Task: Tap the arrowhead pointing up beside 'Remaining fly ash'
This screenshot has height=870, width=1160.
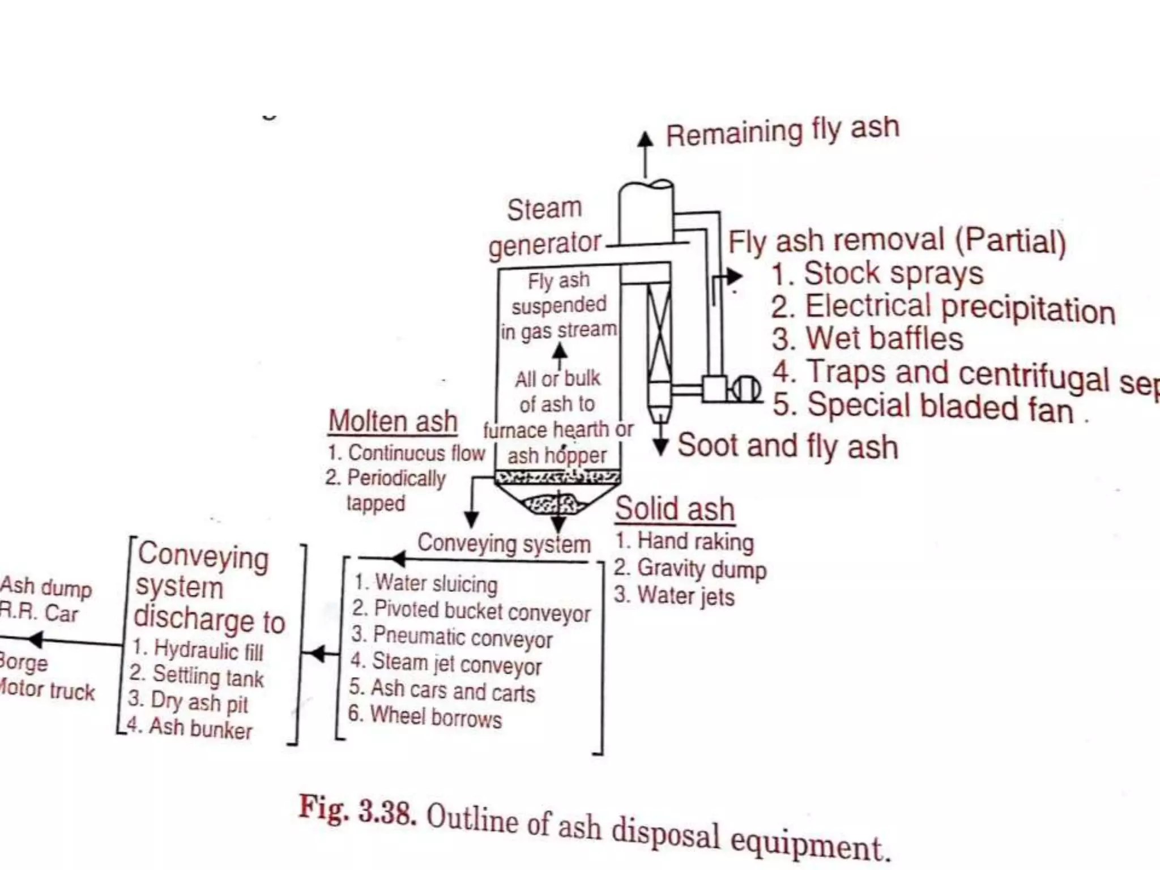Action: (645, 139)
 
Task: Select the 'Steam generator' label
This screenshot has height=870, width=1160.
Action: (544, 227)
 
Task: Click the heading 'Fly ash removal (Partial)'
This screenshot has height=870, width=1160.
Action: (897, 241)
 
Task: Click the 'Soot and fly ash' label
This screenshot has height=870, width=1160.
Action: (788, 446)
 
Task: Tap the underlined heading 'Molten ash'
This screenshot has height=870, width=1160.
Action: (393, 421)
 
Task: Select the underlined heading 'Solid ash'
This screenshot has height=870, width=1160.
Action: (675, 508)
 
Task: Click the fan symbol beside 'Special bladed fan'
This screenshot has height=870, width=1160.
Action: (745, 389)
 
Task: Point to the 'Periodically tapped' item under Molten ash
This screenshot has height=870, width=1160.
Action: (385, 490)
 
